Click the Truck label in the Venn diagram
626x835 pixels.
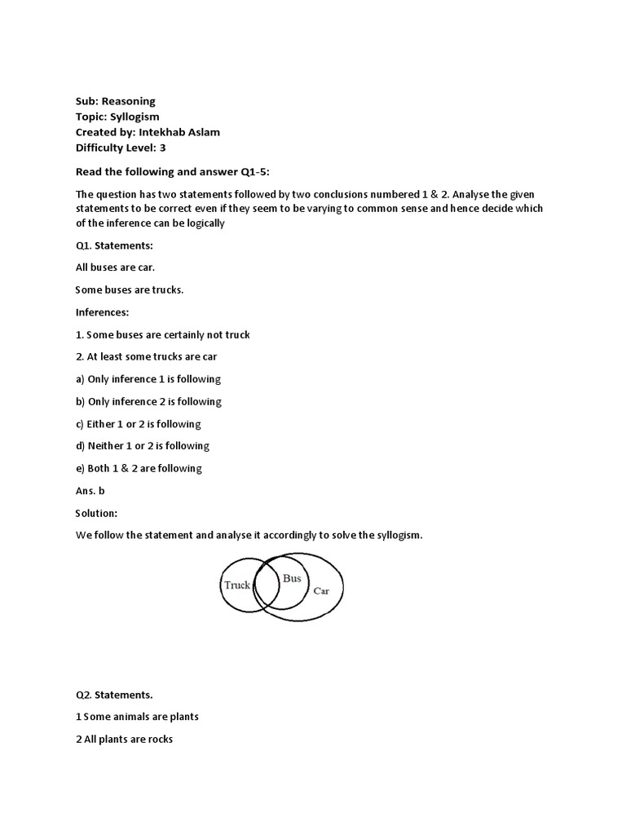click(x=237, y=585)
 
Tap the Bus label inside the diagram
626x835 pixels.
click(x=292, y=578)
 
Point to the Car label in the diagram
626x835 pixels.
click(x=322, y=590)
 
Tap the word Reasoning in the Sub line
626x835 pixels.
click(x=128, y=101)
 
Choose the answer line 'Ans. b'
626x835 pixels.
click(x=90, y=491)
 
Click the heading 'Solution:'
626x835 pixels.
click(x=97, y=513)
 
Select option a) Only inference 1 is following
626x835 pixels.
click(x=148, y=379)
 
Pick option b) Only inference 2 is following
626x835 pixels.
click(x=148, y=401)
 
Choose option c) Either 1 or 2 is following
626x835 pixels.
click(x=138, y=424)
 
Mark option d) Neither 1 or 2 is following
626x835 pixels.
click(x=143, y=446)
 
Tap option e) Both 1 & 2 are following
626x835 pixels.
click(x=139, y=468)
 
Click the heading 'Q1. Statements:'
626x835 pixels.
click(x=114, y=245)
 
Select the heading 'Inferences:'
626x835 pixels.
click(x=103, y=312)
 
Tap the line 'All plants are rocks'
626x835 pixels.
click(x=124, y=740)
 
